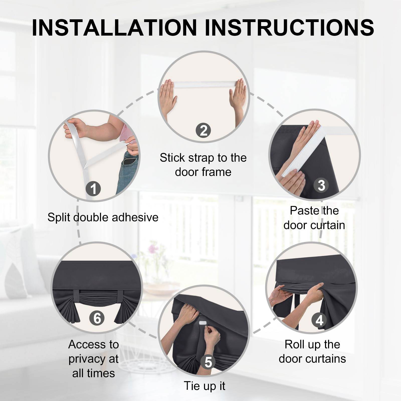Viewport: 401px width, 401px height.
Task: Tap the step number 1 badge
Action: [93, 189]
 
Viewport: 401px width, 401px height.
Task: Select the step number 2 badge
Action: [204, 130]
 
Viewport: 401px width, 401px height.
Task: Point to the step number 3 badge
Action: [321, 185]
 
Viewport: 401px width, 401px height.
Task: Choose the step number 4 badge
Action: [319, 320]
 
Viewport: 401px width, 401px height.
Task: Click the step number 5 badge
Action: [208, 362]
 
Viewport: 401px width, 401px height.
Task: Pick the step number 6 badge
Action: [97, 318]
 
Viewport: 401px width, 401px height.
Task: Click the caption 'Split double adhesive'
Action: [103, 217]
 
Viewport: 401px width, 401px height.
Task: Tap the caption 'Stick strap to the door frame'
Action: [203, 165]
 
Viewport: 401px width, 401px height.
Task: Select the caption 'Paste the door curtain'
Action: [314, 218]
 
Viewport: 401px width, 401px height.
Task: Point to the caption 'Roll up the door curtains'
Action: [312, 352]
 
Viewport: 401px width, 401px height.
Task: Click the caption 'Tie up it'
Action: [205, 386]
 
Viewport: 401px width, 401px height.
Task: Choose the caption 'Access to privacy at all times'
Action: [93, 359]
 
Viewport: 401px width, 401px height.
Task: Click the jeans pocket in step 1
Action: [131, 160]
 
